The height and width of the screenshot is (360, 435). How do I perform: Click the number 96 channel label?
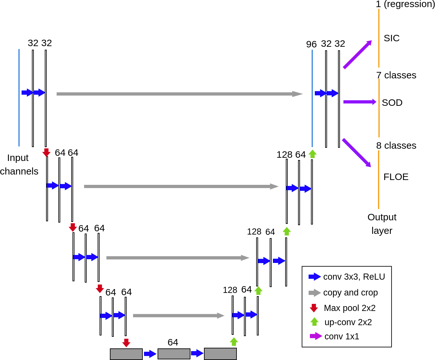(311, 44)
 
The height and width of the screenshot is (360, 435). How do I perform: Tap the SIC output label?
(391, 38)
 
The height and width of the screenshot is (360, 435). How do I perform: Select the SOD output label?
(392, 103)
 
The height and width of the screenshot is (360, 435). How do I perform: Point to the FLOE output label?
(396, 177)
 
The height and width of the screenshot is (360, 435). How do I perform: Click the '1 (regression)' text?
(405, 4)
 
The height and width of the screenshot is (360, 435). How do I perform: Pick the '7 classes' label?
(396, 75)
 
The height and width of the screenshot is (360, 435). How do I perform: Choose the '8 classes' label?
(396, 145)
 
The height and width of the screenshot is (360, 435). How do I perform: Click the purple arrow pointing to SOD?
(359, 102)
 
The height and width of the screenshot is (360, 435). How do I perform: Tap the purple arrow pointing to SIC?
(357, 55)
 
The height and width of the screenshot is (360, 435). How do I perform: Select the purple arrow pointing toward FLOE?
(356, 153)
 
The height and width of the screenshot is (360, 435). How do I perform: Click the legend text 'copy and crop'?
(350, 293)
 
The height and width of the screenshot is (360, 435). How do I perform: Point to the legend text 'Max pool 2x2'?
(350, 308)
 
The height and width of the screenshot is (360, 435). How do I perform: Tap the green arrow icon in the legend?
(314, 322)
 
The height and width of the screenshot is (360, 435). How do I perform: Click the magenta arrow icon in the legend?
(315, 336)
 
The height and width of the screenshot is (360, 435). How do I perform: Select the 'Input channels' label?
(19, 165)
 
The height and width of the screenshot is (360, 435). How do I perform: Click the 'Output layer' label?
(382, 224)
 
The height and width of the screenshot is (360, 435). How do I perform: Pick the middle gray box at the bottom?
(174, 354)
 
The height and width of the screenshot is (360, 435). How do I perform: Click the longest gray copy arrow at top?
(179, 94)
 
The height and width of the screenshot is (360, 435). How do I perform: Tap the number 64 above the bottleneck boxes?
(173, 342)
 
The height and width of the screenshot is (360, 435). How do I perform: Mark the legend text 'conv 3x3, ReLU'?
(354, 277)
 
